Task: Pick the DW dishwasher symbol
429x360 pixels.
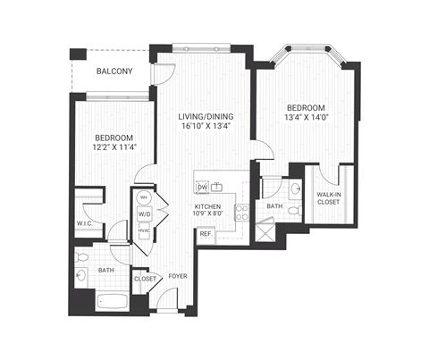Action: pyautogui.click(x=201, y=188)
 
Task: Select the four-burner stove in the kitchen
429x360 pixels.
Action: pyautogui.click(x=240, y=212)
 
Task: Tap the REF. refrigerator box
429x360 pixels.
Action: pyautogui.click(x=205, y=234)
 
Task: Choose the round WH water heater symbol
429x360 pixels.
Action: pyautogui.click(x=143, y=198)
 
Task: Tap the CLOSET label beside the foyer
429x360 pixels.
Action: pyautogui.click(x=145, y=279)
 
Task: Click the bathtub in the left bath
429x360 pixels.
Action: pyautogui.click(x=104, y=300)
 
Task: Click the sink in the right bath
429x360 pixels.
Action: pyautogui.click(x=294, y=188)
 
